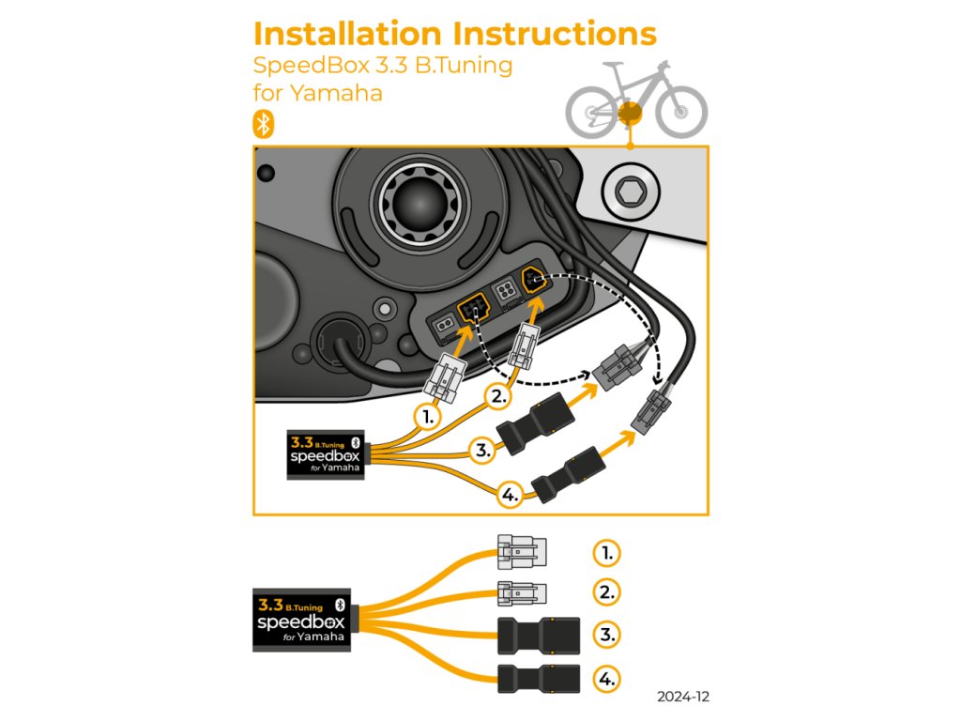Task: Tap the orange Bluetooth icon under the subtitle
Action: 264,125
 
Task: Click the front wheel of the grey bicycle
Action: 681,112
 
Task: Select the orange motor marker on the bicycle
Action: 630,114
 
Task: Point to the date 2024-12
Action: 683,697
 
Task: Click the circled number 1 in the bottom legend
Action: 607,553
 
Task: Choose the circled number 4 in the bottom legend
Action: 607,680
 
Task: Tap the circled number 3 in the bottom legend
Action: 607,635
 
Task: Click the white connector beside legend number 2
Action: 522,593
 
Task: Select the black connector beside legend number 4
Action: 539,679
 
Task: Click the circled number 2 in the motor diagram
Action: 499,397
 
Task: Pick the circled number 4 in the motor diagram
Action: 510,494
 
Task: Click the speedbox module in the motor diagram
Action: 326,455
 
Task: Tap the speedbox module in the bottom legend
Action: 301,621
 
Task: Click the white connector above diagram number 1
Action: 446,379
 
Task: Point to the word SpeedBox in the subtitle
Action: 312,65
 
